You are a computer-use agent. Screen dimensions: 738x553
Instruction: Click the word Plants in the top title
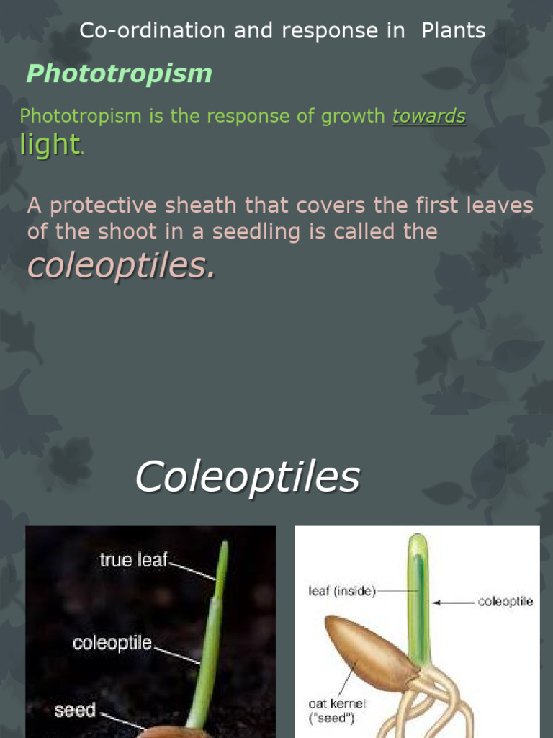pos(453,31)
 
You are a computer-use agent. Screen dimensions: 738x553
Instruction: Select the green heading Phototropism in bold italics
pos(119,74)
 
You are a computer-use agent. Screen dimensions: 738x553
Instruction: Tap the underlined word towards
pos(428,116)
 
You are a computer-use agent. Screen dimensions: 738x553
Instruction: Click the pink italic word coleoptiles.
pos(120,266)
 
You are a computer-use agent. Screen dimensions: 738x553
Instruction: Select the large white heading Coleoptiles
pos(247,476)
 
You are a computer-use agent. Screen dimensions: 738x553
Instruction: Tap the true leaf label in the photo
pos(133,560)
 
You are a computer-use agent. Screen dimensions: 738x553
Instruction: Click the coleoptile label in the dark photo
pos(112,643)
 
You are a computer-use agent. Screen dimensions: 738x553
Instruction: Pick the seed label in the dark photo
pos(75,711)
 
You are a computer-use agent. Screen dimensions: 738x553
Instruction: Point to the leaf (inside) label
pos(338,592)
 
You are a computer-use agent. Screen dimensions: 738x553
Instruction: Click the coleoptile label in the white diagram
pos(505,602)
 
